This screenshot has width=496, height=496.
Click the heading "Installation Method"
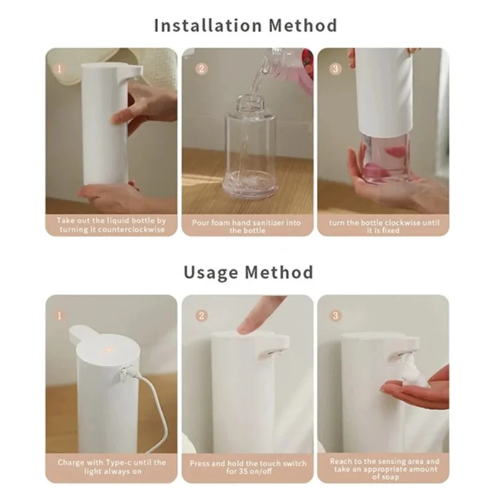(x=246, y=25)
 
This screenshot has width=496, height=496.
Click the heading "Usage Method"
(x=248, y=272)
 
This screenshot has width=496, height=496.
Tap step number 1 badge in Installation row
(x=60, y=68)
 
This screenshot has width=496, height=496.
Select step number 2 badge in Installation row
(x=201, y=68)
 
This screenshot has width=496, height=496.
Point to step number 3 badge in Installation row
(x=335, y=68)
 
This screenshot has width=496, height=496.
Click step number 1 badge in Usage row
(x=60, y=315)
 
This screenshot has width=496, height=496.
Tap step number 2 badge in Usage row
(x=201, y=315)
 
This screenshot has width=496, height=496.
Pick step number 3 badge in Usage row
(x=335, y=315)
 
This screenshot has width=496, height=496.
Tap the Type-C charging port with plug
(x=124, y=373)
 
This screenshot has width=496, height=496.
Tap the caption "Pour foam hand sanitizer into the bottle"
(x=247, y=225)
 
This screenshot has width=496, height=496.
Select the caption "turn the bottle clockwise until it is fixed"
(x=383, y=225)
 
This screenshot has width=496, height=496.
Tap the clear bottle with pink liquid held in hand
(x=386, y=158)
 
